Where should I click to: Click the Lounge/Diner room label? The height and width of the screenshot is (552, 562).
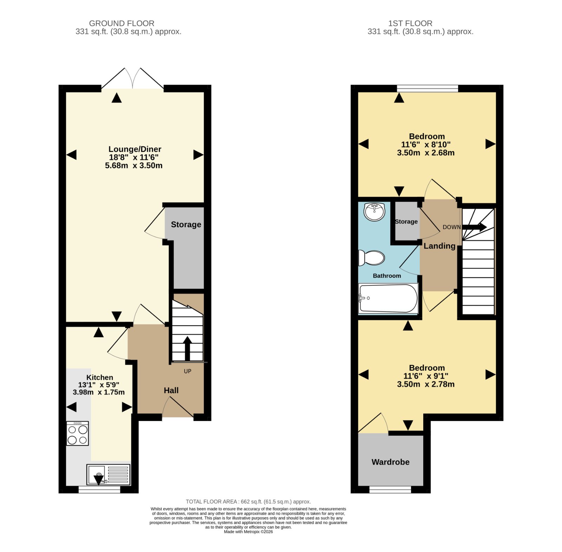pos(135,149)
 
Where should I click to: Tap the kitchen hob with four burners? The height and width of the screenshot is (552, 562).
pos(78,433)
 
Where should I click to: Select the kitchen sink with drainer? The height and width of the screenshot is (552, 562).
pos(109,475)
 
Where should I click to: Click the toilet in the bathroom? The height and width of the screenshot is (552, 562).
pos(371,258)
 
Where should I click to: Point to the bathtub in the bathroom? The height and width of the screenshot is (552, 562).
pos(388,298)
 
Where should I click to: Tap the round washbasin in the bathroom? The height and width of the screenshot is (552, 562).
pos(375,212)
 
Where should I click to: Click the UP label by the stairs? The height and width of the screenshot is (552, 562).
pos(188,371)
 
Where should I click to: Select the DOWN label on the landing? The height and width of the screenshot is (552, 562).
pos(452,227)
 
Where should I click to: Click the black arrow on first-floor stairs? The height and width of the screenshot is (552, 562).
pos(474,227)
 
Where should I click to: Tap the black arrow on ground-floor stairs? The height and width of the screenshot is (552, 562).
pos(187,348)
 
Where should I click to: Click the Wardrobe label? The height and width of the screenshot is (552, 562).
pos(391,462)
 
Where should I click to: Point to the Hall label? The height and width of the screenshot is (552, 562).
pos(171,390)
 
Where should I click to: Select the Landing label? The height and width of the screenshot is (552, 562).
pos(439,246)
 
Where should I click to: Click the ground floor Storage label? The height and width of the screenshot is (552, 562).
pos(186,225)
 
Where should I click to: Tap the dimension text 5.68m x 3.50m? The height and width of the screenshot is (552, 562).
pos(134,166)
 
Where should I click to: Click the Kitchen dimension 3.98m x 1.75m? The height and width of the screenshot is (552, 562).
pos(99,392)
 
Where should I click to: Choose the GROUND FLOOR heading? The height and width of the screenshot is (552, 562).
pos(122,23)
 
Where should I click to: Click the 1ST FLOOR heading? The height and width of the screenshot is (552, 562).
pos(410,23)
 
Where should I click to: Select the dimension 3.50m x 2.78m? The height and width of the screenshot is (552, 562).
pos(426,385)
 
